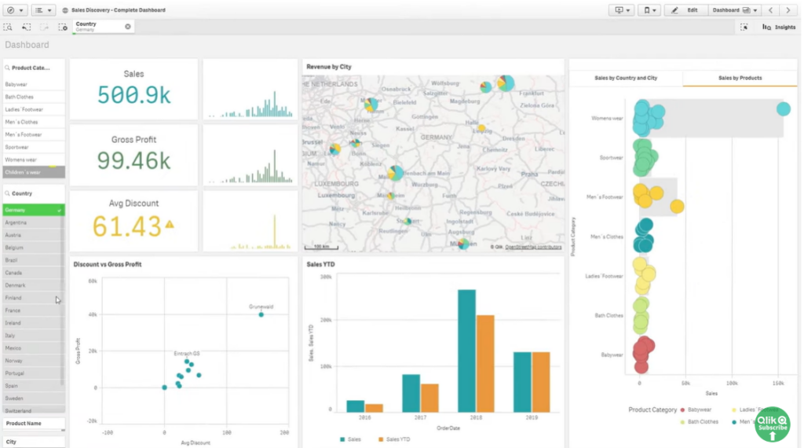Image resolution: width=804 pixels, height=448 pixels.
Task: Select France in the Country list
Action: tap(13, 310)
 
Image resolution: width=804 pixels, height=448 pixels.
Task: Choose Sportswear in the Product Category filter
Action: tap(16, 147)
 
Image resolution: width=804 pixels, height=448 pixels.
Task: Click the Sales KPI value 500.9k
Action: tap(133, 95)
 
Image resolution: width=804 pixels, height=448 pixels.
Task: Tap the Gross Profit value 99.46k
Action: tap(133, 160)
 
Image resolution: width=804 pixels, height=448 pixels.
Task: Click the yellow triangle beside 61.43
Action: tap(169, 226)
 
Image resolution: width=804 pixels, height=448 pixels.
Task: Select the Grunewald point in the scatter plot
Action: tap(261, 314)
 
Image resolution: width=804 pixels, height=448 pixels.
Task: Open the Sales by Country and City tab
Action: tap(626, 79)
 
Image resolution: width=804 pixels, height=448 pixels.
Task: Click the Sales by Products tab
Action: tap(740, 79)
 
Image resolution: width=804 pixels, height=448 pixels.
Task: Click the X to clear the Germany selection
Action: tap(128, 27)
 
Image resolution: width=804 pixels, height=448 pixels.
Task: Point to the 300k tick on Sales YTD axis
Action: tap(326, 277)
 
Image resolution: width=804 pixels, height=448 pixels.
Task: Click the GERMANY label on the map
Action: tap(436, 137)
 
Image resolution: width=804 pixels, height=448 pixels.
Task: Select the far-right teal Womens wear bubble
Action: tap(783, 109)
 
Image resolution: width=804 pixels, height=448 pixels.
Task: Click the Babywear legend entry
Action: tap(699, 409)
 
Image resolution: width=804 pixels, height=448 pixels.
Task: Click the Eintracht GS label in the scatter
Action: tap(187, 354)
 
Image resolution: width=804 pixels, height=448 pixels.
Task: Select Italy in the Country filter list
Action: tap(10, 336)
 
